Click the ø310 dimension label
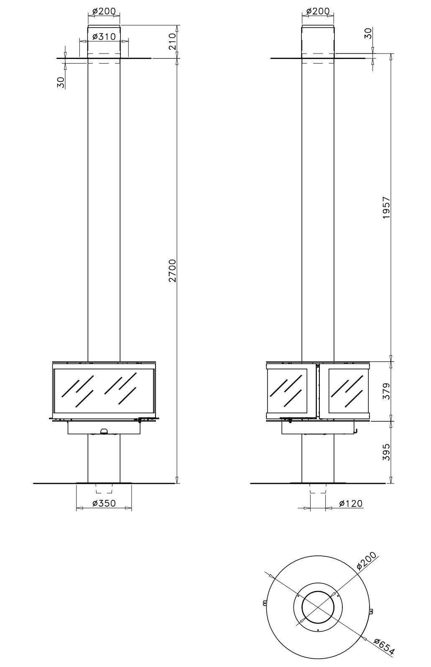coord(104,37)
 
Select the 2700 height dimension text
coord(173,271)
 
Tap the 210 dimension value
coord(173,41)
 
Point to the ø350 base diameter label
coord(104,503)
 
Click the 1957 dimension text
coord(386,208)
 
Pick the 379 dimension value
coord(386,391)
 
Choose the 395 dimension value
coord(386,452)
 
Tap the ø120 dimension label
coord(351,503)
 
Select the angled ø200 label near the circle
coord(366,561)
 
